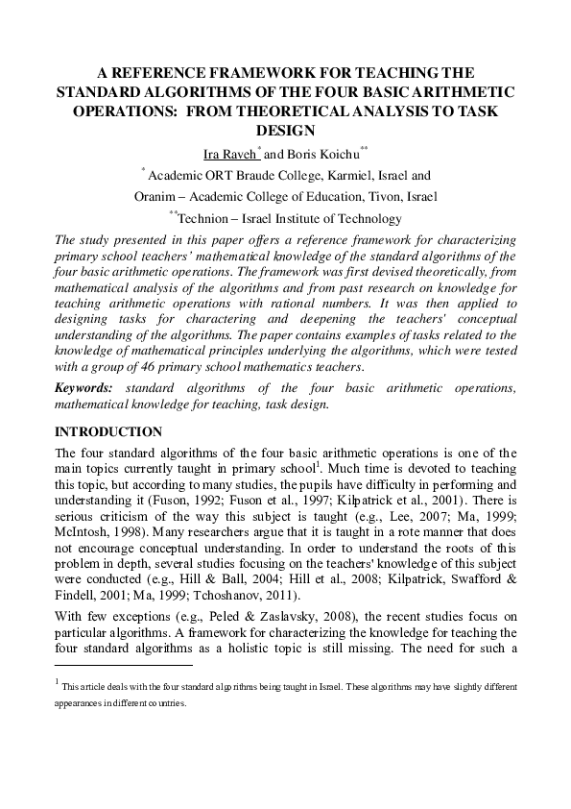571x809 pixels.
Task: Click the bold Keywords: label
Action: tap(85, 387)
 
